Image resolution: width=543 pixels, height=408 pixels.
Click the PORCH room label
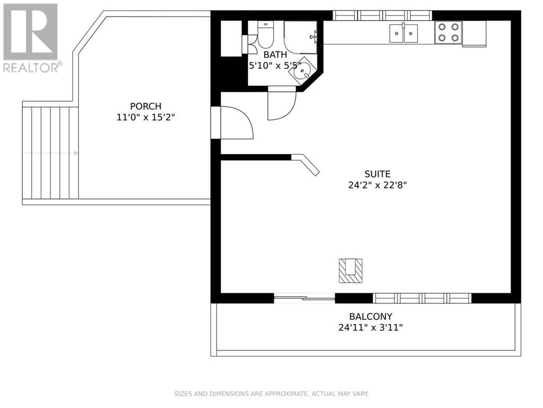[x=145, y=106]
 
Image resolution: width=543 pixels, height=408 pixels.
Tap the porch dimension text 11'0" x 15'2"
[x=145, y=117]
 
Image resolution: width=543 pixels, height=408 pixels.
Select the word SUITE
[x=377, y=174]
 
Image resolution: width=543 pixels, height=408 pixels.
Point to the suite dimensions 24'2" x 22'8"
[x=377, y=185]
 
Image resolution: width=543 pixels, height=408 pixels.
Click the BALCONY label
[x=371, y=317]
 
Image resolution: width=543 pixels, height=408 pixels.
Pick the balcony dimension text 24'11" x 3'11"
[x=371, y=327]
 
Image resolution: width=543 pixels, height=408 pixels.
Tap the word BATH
[x=275, y=54]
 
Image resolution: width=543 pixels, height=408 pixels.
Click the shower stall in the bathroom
[x=300, y=37]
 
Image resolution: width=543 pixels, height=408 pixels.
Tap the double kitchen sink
[x=404, y=33]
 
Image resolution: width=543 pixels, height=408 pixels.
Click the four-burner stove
[x=449, y=32]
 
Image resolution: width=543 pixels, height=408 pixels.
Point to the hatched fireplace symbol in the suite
[x=351, y=270]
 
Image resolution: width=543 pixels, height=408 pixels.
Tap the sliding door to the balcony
[x=304, y=298]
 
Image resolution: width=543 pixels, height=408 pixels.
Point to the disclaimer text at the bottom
[x=271, y=394]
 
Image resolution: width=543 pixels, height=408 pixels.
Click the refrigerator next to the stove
[x=474, y=33]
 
